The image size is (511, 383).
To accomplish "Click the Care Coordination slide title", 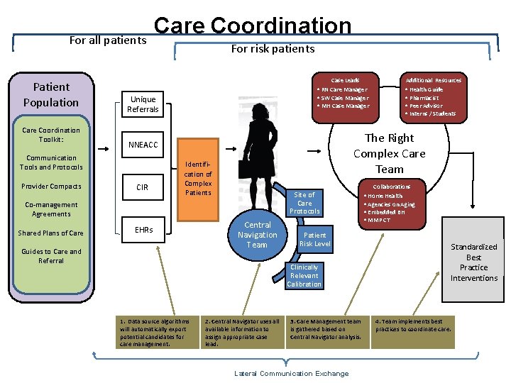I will pos(252,26).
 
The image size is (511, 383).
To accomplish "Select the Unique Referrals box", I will pos(143,104).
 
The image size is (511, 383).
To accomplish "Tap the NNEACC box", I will pos(143,145).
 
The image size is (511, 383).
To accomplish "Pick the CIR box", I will pos(143,187).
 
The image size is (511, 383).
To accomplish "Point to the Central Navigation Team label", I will pos(257,235).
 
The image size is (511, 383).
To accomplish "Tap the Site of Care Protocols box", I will pos(304,203).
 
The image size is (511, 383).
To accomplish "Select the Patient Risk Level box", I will pos(314,240).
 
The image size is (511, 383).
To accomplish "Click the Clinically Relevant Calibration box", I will pos(304,276).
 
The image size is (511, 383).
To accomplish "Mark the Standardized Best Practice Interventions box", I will pos(473,262).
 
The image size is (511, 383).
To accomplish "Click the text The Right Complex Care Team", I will pos(389,153).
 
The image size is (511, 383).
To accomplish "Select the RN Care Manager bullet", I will pos(344,90).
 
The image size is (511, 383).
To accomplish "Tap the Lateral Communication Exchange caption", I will pos(291,374).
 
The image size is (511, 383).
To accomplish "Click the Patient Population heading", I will pos(51,94).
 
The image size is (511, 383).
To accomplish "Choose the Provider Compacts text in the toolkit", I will pos(51,187).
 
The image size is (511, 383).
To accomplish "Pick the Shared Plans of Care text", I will pos(51,233).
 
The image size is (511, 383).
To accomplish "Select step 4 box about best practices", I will pos(414,325).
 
